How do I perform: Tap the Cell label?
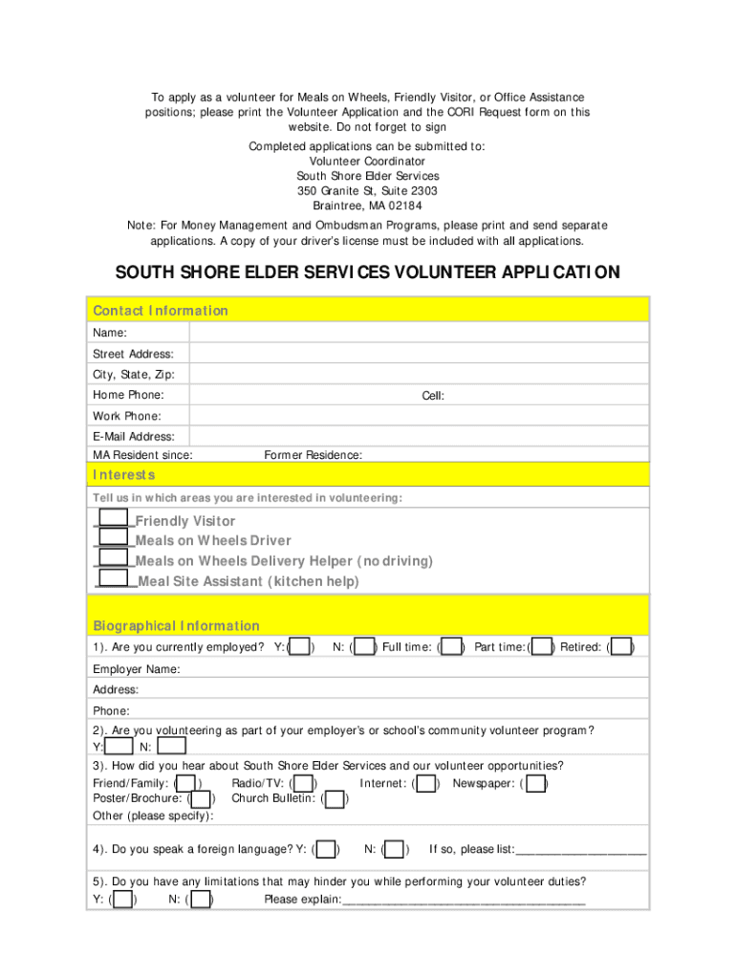[x=433, y=396]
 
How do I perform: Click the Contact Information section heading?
[x=161, y=311]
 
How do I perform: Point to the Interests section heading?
[x=124, y=475]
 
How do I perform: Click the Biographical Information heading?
[x=176, y=626]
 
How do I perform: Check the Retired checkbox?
[x=621, y=647]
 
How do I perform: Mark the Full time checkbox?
[x=452, y=647]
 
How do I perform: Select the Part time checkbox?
[x=542, y=647]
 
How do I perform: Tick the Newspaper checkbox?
[x=536, y=784]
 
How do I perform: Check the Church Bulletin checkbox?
[x=336, y=798]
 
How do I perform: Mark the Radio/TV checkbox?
[x=305, y=784]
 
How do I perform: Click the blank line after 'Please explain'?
[x=464, y=901]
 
